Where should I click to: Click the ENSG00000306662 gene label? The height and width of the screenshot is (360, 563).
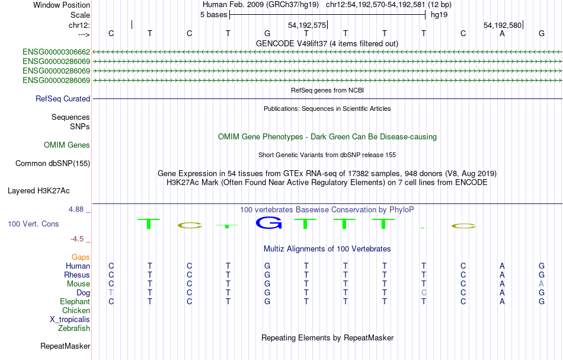(x=56, y=52)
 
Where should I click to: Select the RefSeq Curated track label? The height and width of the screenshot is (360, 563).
(x=63, y=99)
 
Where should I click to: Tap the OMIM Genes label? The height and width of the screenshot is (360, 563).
(x=67, y=145)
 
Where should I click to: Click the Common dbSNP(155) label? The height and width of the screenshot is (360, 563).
(x=53, y=164)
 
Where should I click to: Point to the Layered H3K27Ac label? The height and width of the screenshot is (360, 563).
(x=39, y=191)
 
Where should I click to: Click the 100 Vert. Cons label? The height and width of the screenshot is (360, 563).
(x=33, y=224)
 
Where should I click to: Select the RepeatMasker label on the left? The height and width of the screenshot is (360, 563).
(x=65, y=346)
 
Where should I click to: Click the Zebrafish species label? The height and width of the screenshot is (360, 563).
(x=74, y=329)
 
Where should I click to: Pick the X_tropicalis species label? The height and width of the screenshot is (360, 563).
(x=70, y=320)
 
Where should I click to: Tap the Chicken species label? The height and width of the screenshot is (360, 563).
(x=76, y=310)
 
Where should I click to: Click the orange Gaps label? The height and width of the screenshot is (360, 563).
(x=81, y=257)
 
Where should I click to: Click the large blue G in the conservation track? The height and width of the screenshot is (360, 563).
(x=268, y=223)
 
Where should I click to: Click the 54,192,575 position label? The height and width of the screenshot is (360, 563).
(x=307, y=26)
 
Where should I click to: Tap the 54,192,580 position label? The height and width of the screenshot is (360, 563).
(x=503, y=26)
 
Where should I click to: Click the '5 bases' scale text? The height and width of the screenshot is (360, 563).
(x=213, y=15)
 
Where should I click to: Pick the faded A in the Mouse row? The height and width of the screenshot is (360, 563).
(x=542, y=284)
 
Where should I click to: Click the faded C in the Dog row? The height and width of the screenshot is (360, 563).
(x=424, y=293)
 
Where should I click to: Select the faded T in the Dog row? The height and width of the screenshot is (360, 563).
(x=111, y=293)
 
